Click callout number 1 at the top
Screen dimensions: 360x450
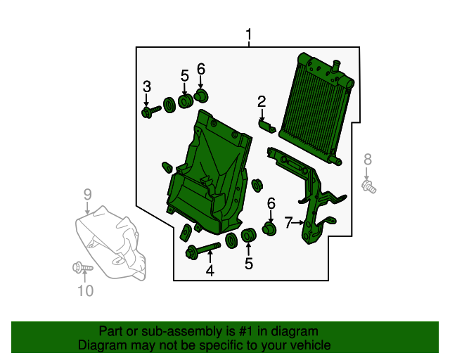click(248, 34)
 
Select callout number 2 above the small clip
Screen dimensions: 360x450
click(262, 101)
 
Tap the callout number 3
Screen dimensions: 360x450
click(147, 86)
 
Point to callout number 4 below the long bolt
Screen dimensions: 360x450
click(210, 270)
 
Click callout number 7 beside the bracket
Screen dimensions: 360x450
click(288, 223)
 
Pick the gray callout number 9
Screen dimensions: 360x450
click(88, 194)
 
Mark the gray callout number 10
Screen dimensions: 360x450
click(84, 290)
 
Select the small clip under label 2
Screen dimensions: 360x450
click(266, 126)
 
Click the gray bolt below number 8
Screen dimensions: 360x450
click(368, 186)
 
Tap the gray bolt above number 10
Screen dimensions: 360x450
click(79, 267)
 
